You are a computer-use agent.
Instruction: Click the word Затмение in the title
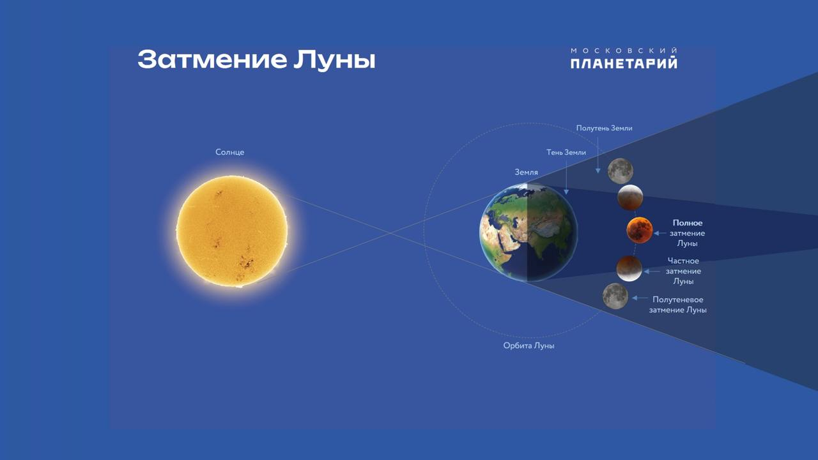212,59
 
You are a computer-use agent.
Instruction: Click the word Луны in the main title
334,59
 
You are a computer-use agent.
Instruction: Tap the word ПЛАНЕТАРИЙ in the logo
624,63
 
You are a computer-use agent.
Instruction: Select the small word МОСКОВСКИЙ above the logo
624,50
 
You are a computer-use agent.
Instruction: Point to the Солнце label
229,152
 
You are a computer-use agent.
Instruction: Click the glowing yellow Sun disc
232,231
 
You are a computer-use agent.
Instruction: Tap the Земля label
526,172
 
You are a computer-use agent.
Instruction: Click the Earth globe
529,233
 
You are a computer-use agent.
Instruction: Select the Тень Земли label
566,152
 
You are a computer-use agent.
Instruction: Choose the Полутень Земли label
604,128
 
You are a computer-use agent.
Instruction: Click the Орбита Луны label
529,346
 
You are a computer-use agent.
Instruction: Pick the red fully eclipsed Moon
640,231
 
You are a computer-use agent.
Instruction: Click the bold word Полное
687,223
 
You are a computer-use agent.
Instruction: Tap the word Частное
683,261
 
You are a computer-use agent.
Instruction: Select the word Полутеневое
678,300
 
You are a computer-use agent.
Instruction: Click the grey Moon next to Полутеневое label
615,296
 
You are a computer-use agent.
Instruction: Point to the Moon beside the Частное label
629,268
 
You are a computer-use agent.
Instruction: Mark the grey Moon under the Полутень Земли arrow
621,171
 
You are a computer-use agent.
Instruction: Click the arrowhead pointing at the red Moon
656,233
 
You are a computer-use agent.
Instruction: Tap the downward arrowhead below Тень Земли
566,192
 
